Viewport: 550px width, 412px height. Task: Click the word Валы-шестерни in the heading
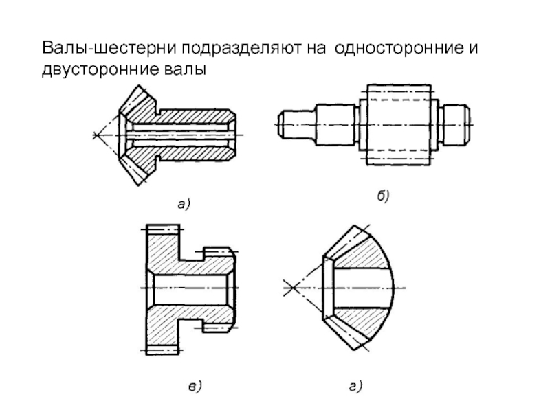click(90, 49)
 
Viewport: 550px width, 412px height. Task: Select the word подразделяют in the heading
click(220, 49)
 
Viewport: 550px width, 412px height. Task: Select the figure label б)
click(383, 197)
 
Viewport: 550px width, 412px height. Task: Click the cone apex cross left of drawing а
click(95, 135)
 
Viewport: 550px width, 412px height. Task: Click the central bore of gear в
click(189, 287)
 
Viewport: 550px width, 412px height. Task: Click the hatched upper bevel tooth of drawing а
click(141, 103)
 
